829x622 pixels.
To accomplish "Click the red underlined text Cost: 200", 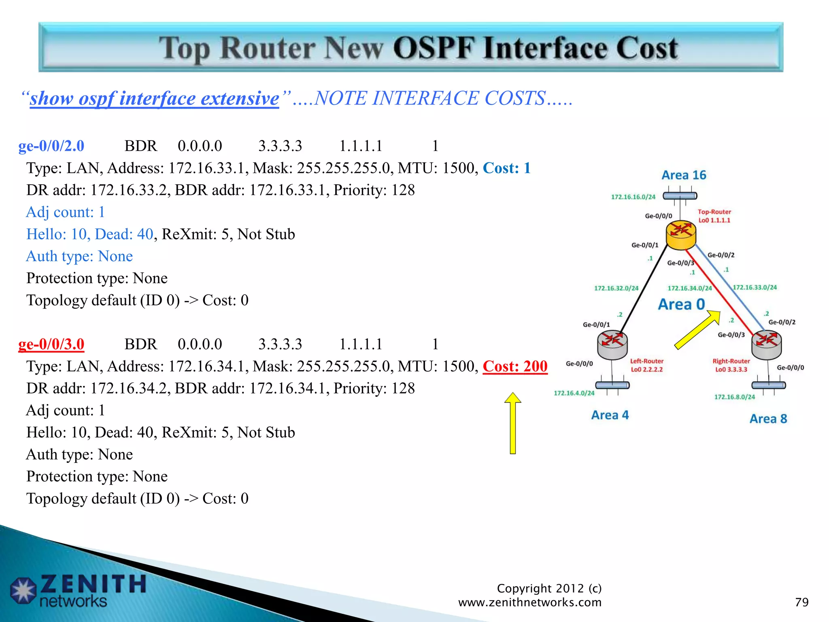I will tap(515, 366).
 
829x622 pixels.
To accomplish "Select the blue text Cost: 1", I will tap(506, 168).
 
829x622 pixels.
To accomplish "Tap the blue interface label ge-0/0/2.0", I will tap(51, 146).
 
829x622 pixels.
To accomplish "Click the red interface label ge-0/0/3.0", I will tap(51, 344).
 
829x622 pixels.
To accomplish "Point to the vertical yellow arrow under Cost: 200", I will tap(512, 423).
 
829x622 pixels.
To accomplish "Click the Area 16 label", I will tap(684, 175).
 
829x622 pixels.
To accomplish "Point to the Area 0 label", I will tap(681, 304).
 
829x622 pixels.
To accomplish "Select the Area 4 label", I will tap(610, 415).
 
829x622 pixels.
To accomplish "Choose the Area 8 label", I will tap(768, 419).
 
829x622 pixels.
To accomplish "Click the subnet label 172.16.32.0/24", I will tap(616, 288).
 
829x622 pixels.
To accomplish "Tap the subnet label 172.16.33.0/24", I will tap(755, 288).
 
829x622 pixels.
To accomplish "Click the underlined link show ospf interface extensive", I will tap(154, 98).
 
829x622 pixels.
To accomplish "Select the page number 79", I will tap(801, 602).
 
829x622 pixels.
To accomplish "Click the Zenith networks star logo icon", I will tap(23, 590).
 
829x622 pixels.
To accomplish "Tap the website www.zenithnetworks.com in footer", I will tap(529, 603).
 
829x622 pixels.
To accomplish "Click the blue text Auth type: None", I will tap(79, 256).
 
